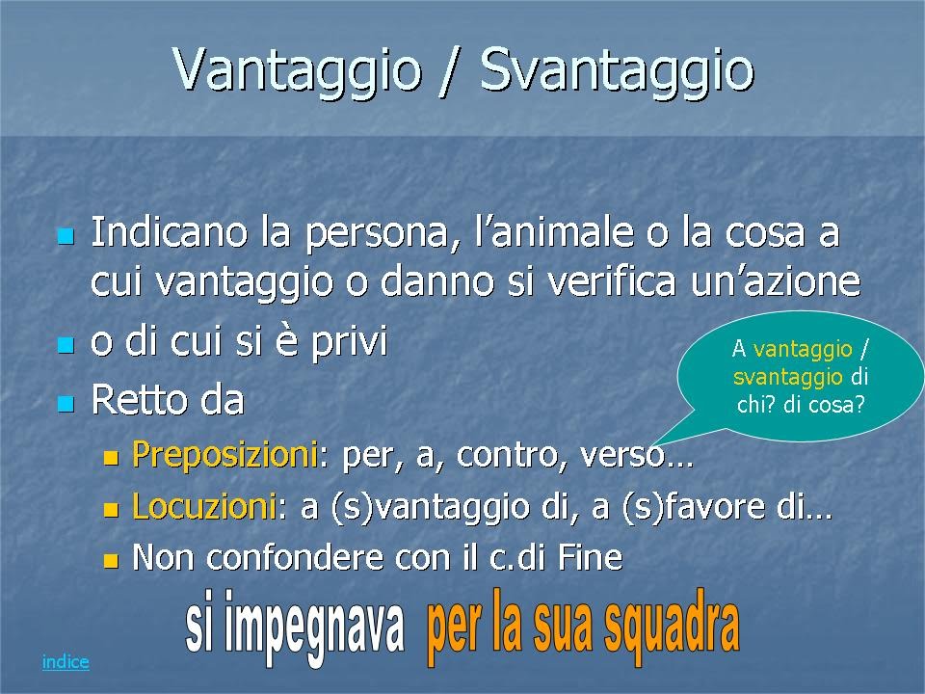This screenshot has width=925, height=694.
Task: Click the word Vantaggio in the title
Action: coord(298,69)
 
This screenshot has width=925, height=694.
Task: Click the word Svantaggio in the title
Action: coord(617,69)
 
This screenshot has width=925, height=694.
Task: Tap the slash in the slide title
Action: coord(451,69)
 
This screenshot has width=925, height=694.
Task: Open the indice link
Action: coord(66,661)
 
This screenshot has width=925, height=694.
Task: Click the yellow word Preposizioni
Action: coord(225,454)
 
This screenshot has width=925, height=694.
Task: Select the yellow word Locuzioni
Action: coord(204,506)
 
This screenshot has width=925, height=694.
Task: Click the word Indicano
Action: coord(169,231)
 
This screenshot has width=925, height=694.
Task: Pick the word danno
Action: coord(437,281)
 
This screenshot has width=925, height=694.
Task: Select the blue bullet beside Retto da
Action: coord(66,404)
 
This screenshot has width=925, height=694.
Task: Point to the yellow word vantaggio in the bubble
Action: coord(803,349)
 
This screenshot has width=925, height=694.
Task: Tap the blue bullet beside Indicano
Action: coord(66,237)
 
